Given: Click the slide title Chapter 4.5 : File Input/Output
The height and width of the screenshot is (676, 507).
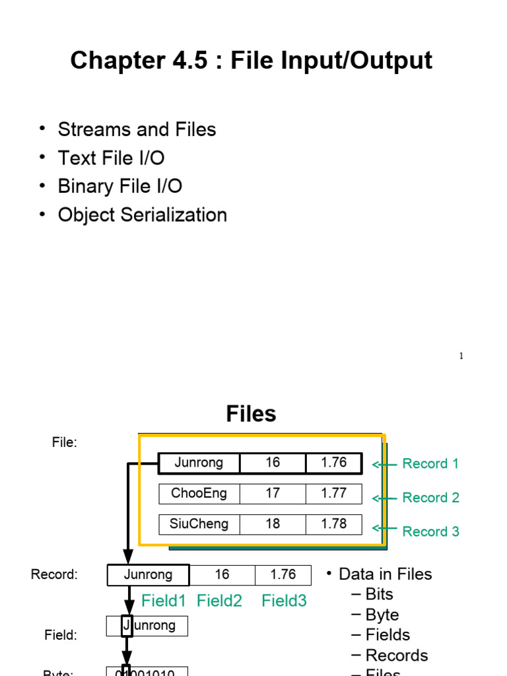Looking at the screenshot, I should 251,61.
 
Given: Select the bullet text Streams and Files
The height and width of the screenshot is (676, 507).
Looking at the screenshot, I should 137,129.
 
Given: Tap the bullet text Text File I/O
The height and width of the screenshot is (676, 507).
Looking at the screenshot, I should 111,158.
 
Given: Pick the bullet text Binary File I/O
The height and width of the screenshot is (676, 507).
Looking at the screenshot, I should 119,186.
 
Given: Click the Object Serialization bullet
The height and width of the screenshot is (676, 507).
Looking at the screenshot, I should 142,215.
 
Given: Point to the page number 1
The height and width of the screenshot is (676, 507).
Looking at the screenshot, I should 461,356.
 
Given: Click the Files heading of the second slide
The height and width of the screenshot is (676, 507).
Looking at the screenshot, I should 251,414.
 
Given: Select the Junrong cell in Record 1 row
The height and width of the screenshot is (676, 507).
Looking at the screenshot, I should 199,463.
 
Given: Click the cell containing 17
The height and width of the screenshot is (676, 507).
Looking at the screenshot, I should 273,493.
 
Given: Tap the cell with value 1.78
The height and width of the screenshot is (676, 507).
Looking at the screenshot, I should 333,524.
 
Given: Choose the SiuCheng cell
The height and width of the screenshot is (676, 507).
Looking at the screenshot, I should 199,524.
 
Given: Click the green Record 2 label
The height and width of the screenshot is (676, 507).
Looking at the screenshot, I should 430,498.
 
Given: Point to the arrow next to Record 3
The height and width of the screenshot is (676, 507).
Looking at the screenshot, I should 385,529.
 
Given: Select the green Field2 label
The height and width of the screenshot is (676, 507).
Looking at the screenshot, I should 219,601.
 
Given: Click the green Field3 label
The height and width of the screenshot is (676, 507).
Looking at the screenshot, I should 284,601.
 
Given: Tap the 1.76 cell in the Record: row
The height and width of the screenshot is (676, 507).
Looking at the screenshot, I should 283,575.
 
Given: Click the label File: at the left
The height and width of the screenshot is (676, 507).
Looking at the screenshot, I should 65,443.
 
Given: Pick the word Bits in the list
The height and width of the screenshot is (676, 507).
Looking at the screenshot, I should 379,594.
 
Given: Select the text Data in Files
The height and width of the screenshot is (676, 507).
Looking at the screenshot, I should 385,574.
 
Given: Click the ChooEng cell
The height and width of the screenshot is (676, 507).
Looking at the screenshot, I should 199,493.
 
